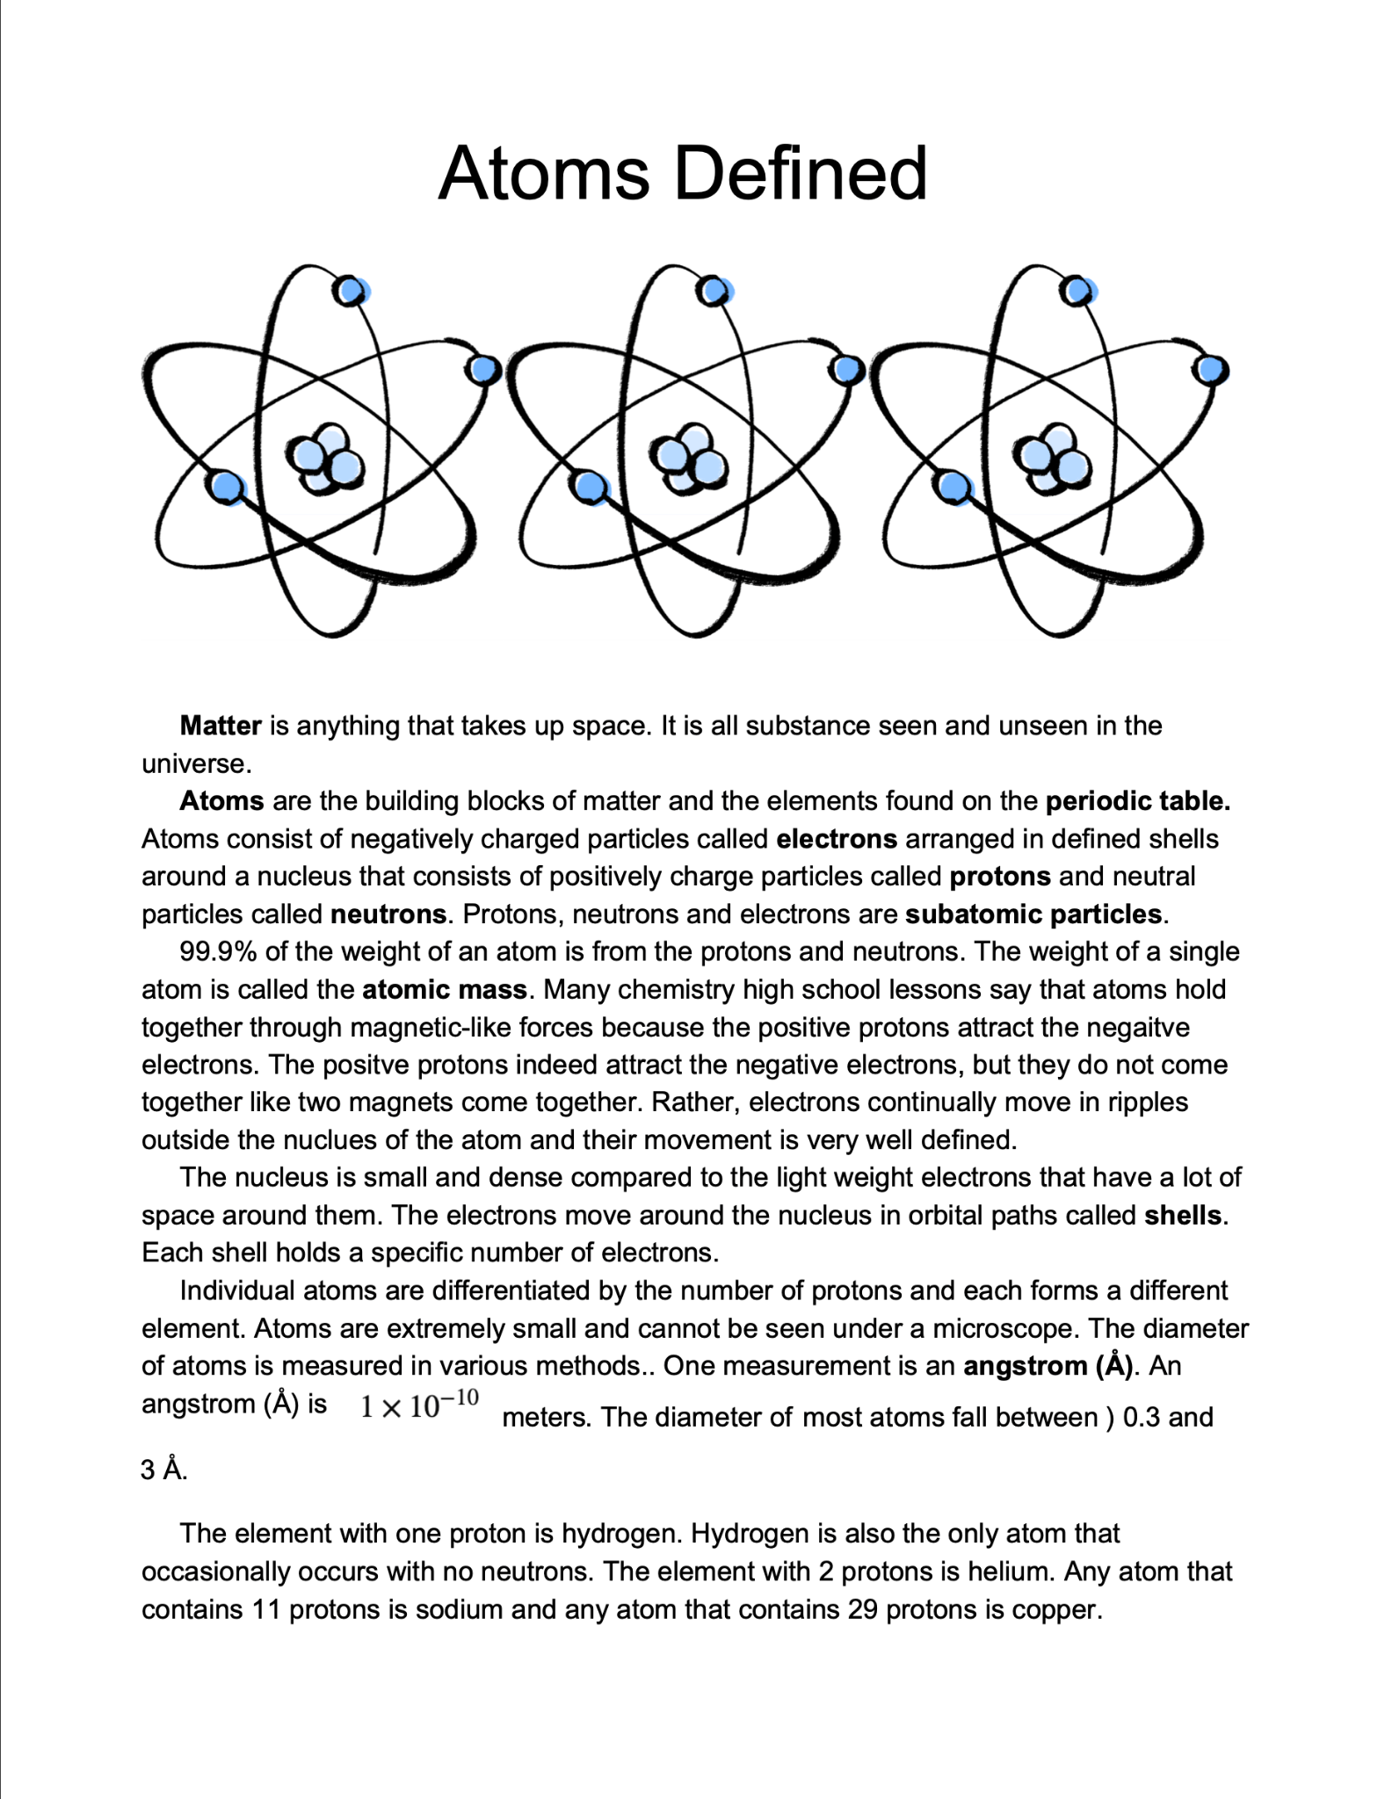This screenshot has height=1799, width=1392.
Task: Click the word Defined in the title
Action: pyautogui.click(x=800, y=173)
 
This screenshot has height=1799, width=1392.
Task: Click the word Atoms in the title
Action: pyautogui.click(x=543, y=173)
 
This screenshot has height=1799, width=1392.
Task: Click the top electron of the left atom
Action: pyautogui.click(x=351, y=291)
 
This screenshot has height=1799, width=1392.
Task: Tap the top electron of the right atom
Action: pyautogui.click(x=1077, y=291)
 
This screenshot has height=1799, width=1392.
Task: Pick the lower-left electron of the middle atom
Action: pyautogui.click(x=590, y=486)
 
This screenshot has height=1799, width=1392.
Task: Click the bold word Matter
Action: pyautogui.click(x=221, y=726)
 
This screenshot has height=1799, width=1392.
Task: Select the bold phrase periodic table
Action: pyautogui.click(x=1137, y=801)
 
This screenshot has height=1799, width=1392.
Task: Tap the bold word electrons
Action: pyautogui.click(x=837, y=839)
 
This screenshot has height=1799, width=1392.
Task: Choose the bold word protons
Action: pyautogui.click(x=1000, y=877)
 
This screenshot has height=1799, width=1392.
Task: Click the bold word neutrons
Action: pyautogui.click(x=388, y=914)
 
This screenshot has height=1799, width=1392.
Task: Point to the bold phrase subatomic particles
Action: pyautogui.click(x=1033, y=914)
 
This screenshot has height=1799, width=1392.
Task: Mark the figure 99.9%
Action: pyautogui.click(x=217, y=952)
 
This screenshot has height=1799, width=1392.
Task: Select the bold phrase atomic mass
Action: pyautogui.click(x=445, y=990)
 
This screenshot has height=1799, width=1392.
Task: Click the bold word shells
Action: pyautogui.click(x=1183, y=1216)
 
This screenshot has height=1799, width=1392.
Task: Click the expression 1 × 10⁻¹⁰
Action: pyautogui.click(x=419, y=1405)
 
